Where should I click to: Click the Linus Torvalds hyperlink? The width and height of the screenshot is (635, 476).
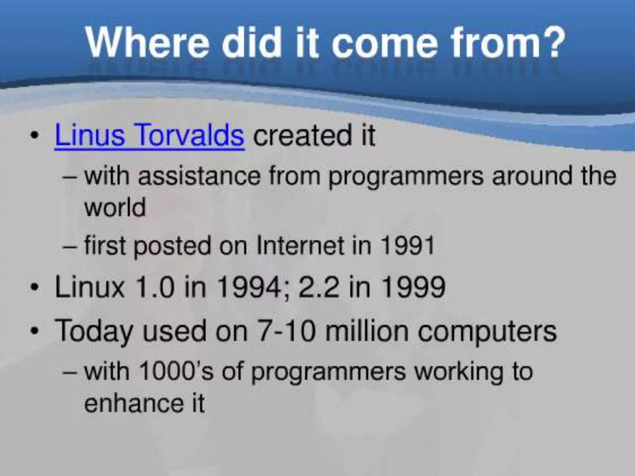coord(149,135)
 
